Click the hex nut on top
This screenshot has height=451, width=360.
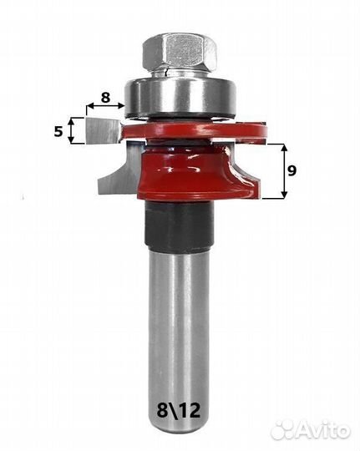(x=179, y=53)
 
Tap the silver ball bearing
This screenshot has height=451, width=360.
(x=180, y=97)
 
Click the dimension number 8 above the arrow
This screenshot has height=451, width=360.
(x=105, y=97)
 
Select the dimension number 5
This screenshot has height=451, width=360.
(x=58, y=132)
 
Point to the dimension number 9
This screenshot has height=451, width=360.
(x=292, y=171)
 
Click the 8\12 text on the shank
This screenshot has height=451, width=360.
(x=179, y=410)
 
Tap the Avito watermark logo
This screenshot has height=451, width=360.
(x=311, y=430)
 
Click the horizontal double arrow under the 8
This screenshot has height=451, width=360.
(x=105, y=106)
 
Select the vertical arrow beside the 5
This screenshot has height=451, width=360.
(x=72, y=131)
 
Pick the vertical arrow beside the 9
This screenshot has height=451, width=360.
(x=284, y=171)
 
